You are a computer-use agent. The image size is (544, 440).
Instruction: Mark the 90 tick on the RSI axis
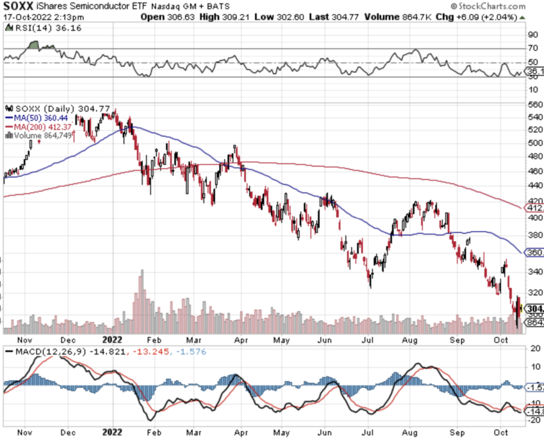point(533,34)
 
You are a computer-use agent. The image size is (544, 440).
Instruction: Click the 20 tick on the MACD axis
point(533,348)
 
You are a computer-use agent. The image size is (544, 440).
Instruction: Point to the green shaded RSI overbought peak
point(35,45)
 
